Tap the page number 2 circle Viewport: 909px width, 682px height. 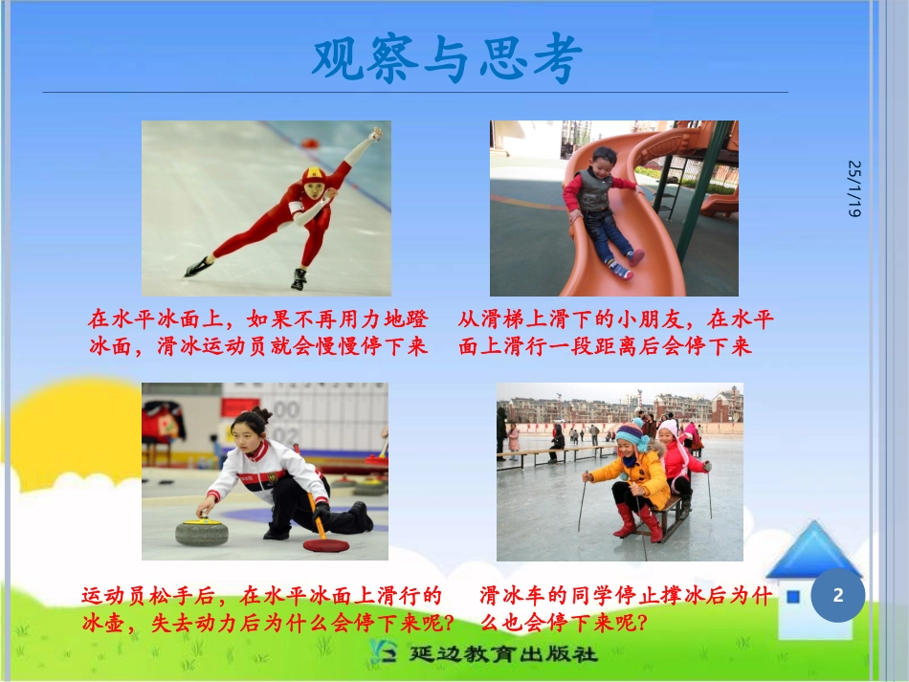[x=838, y=596]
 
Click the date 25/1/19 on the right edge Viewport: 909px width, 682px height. [x=854, y=188]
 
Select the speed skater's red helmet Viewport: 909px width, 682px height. [x=312, y=176]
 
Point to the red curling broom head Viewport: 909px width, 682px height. [x=326, y=545]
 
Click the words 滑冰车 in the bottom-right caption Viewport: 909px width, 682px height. [x=508, y=596]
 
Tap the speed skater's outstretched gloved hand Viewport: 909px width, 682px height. [x=376, y=134]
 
